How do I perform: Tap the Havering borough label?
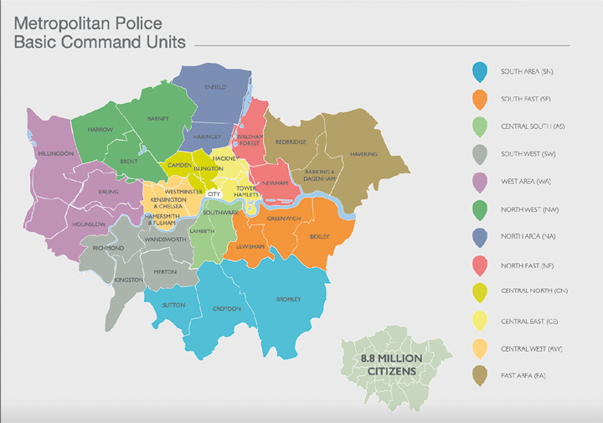[364, 154]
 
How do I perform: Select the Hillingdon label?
[55, 154]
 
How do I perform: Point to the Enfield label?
[215, 87]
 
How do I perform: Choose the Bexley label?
[320, 237]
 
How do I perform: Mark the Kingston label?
[129, 279]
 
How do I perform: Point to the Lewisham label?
[251, 247]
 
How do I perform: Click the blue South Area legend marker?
[478, 73]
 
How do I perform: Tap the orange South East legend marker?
[478, 101]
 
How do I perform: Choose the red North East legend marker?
[478, 265]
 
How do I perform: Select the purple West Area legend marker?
[478, 183]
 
